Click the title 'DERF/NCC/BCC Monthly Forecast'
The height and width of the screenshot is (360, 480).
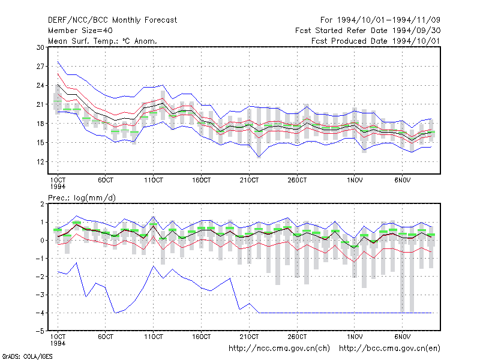pos(112,20)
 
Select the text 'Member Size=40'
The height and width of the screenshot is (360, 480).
pos(80,31)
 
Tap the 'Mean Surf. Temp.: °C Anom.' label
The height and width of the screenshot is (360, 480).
pos(103,41)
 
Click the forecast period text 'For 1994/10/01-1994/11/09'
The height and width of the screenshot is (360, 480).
pos(380,20)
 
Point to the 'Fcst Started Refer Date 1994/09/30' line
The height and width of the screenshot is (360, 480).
pos(368,31)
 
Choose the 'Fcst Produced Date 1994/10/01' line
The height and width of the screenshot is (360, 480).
pos(376,41)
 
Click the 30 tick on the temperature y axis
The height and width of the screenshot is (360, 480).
pos(40,47)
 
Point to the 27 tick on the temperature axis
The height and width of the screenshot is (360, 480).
pos(40,67)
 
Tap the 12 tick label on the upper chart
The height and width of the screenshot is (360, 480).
pos(40,161)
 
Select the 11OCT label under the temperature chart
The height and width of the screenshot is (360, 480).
pos(154,180)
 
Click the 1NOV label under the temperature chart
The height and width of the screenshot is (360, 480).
pos(355,180)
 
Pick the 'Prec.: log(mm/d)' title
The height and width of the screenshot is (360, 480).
pos(82,198)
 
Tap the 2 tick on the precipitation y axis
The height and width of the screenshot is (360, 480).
pos(42,204)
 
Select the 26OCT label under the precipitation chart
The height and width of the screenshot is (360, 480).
pos(297,337)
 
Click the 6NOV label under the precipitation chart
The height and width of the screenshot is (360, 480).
pos(402,337)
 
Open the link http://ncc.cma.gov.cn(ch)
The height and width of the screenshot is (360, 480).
pos(279,349)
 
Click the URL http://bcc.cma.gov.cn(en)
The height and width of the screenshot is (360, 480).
pos(389,349)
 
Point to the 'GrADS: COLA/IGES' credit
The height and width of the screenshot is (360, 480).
pos(27,356)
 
